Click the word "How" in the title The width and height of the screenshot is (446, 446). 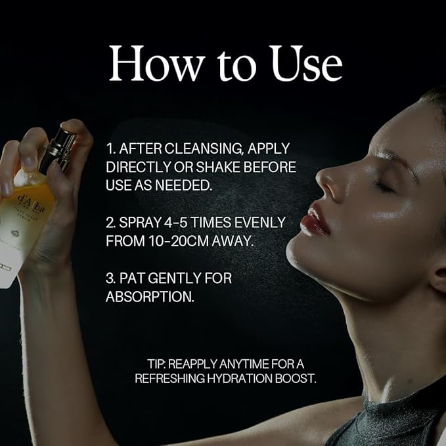(x=157, y=63)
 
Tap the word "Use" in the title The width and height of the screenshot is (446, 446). (x=306, y=63)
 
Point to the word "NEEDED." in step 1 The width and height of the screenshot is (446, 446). (x=184, y=185)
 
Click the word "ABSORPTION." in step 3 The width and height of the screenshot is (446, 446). (x=150, y=297)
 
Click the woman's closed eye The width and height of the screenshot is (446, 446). (x=384, y=186)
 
